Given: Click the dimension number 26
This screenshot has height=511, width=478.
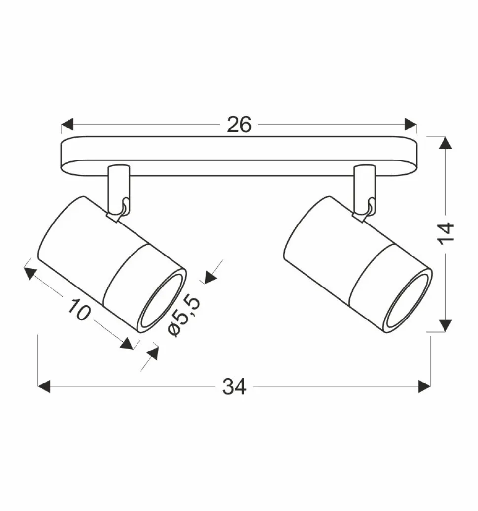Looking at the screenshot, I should tap(239, 125).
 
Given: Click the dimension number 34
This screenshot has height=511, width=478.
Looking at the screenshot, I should tap(234, 387).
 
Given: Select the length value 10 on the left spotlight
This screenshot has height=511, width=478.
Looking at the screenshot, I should tap(78, 310).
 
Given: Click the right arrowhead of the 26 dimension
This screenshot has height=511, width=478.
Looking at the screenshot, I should tap(410, 125).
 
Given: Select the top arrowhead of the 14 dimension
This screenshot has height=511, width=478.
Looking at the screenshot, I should tap(445, 143).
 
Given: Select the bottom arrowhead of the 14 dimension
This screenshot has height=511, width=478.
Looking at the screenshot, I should tap(445, 325).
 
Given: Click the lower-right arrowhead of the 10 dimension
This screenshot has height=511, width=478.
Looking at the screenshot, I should tap(127, 343).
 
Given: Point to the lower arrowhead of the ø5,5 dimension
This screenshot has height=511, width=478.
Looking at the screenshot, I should tap(152, 353).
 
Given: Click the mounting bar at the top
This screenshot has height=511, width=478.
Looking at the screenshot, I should tap(239, 156).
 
